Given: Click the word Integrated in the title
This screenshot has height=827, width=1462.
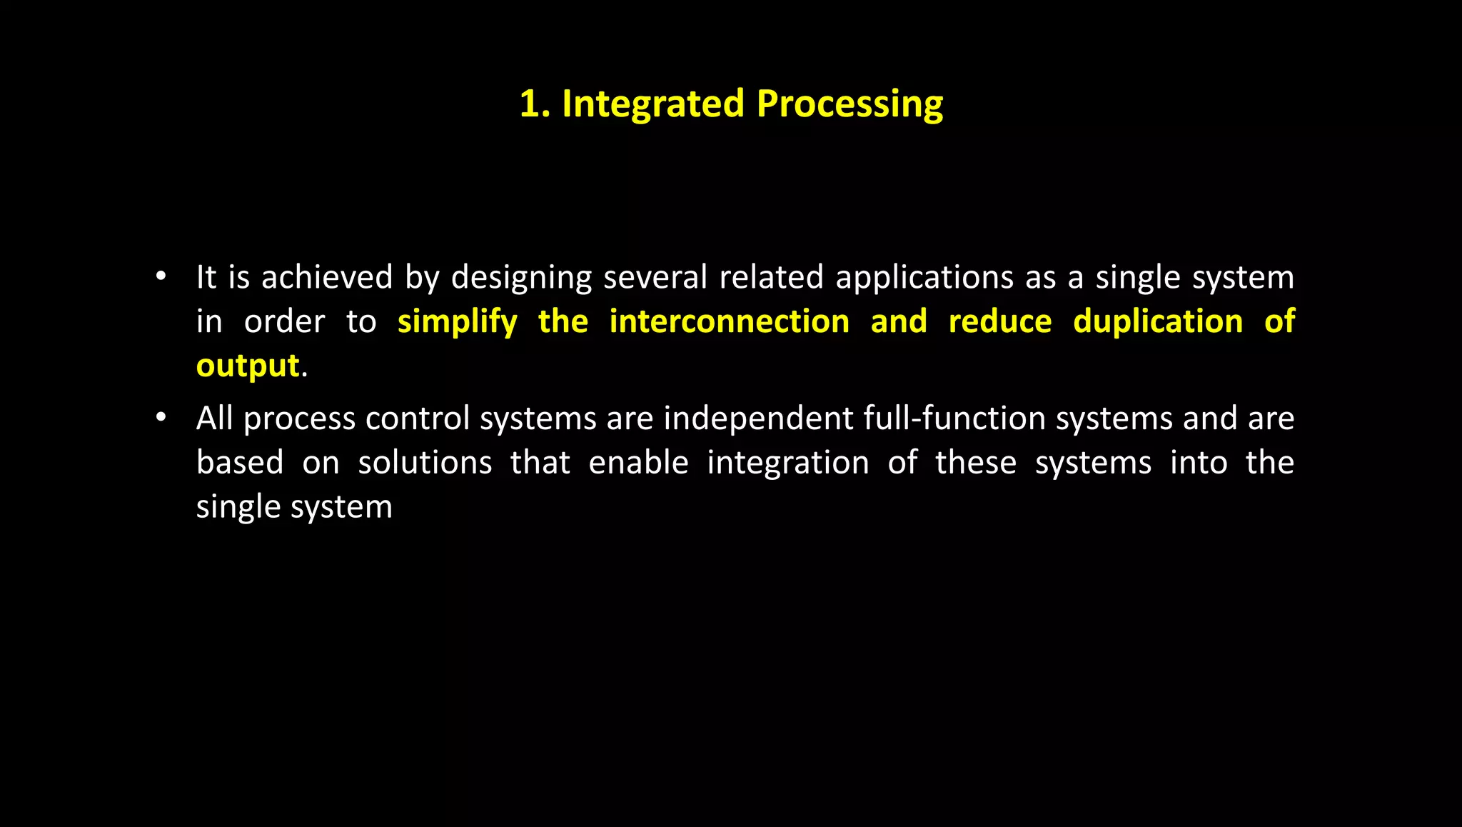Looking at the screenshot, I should point(653,104).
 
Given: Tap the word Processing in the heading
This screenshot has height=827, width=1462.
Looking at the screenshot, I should point(850,104).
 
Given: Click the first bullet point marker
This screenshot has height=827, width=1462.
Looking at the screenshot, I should point(161,276).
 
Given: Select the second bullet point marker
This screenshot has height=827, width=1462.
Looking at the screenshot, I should point(161,417).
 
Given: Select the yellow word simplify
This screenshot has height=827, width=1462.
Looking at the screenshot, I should point(457,322).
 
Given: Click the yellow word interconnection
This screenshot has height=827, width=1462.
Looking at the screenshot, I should point(729,321).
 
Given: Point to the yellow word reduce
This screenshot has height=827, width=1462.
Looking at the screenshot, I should point(999,321).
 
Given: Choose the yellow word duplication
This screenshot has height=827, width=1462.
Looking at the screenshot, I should point(1158,321).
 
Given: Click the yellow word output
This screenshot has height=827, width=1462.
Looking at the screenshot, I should point(248,366).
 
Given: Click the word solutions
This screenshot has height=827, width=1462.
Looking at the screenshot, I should point(425,463).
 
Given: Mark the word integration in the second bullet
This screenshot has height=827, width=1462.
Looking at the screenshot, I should point(788,463).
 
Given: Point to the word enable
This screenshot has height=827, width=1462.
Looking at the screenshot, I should point(638,463).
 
